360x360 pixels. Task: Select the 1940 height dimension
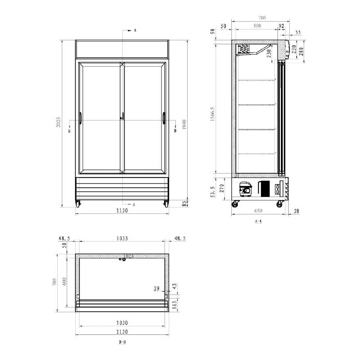tap(185, 124)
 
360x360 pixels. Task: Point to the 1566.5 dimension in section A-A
tap(212, 114)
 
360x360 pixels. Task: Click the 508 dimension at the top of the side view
tap(257, 26)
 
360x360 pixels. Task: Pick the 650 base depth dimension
tap(258, 211)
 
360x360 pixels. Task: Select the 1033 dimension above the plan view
tap(122, 238)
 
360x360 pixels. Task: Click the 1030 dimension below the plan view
tap(122, 323)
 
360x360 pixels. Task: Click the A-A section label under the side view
tap(258, 221)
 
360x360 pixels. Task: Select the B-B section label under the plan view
tap(122, 342)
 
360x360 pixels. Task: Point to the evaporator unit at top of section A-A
tap(244, 49)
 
